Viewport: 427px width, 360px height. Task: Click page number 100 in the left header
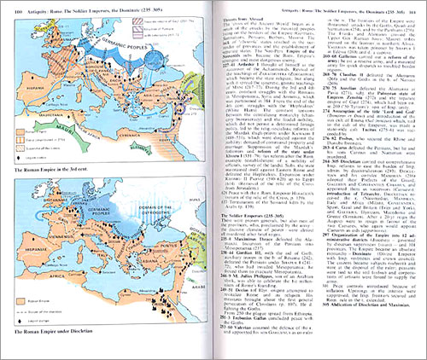click(x=16, y=8)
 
